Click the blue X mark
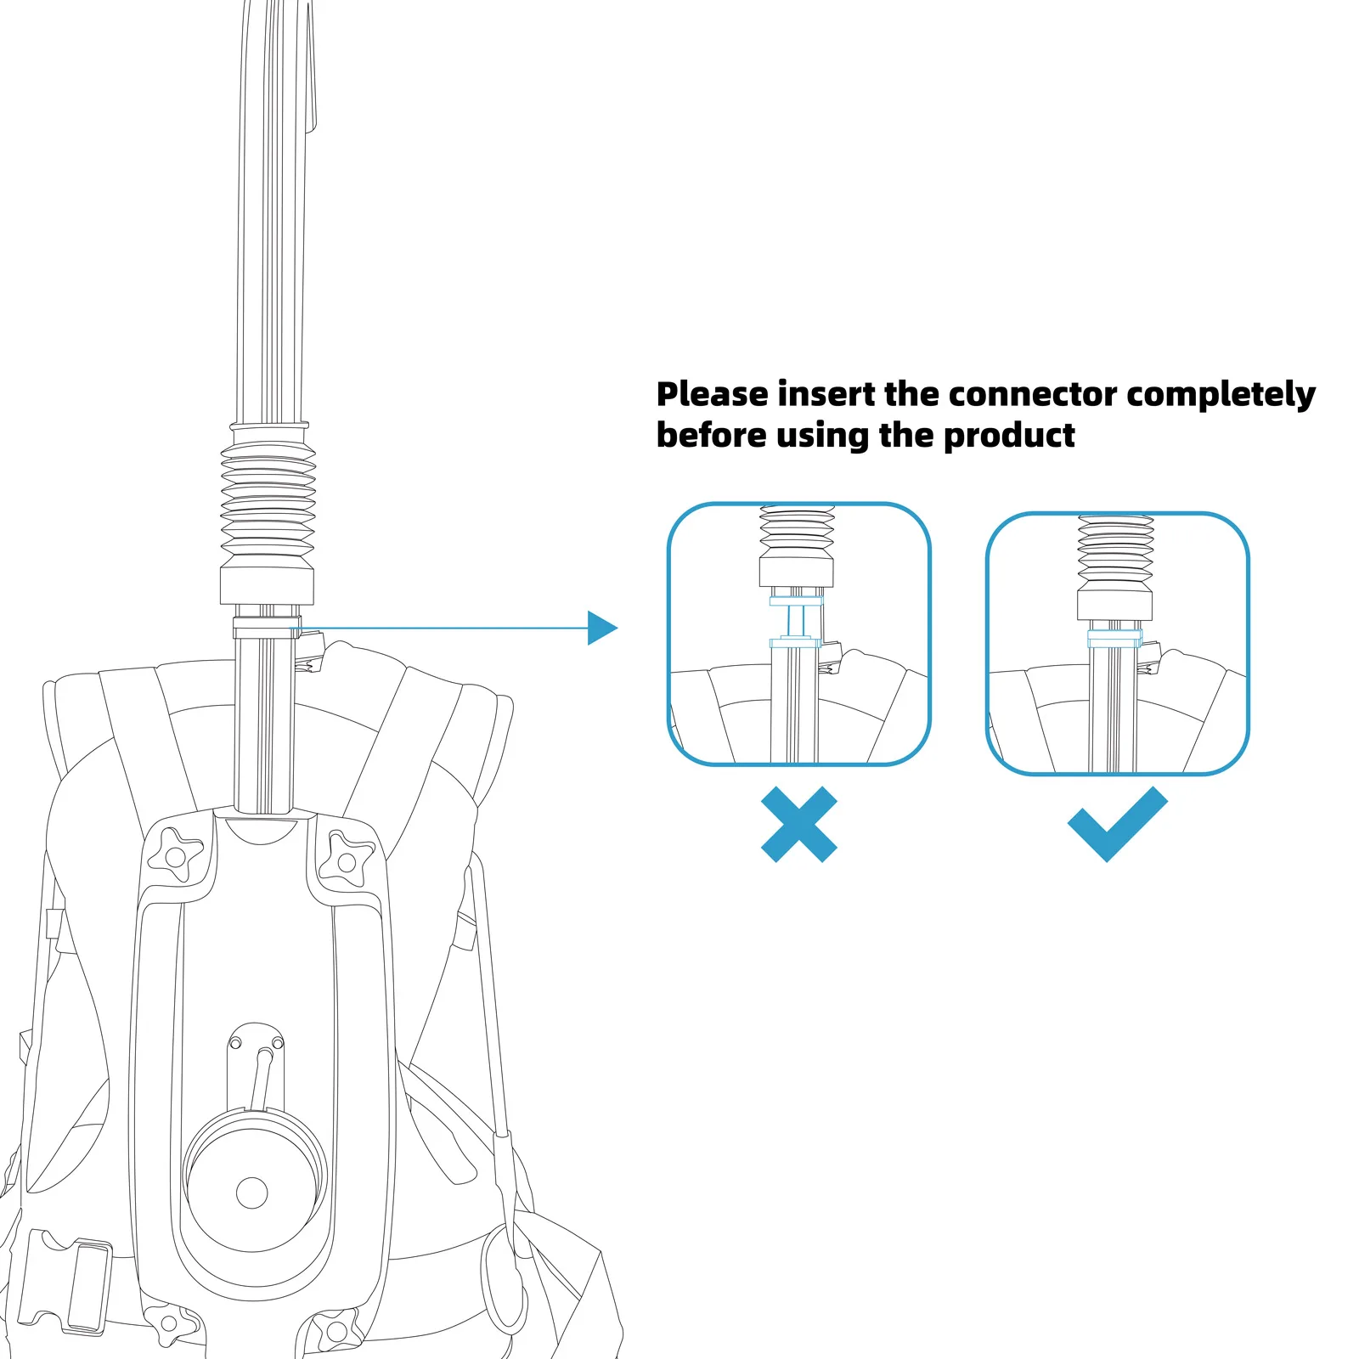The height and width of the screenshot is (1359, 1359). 798,824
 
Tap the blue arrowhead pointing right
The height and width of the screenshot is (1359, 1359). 601,629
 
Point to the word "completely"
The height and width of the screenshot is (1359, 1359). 1221,396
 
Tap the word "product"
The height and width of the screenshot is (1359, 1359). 1009,436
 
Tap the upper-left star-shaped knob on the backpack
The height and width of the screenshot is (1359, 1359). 176,855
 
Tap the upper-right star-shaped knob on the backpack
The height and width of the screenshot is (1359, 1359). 346,860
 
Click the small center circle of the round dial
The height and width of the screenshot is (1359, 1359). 251,1193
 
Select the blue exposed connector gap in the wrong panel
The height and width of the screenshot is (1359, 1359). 796,623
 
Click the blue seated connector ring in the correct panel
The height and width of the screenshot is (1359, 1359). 1114,639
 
